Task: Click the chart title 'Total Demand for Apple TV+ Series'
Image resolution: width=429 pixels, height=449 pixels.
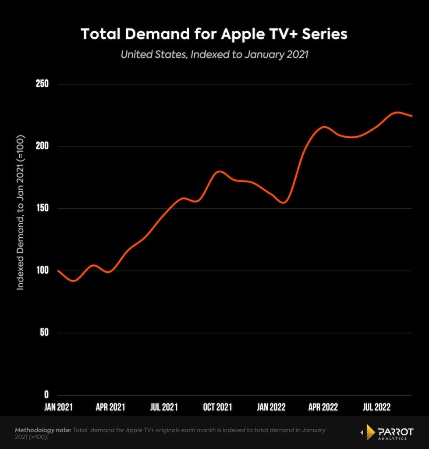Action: tap(214, 34)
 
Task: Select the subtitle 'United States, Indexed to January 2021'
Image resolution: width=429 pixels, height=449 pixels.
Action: tap(214, 55)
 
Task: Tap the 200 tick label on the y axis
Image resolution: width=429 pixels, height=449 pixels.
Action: tap(42, 146)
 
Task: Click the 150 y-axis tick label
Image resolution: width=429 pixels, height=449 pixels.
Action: tap(42, 208)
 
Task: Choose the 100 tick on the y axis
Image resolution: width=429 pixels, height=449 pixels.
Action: tap(42, 271)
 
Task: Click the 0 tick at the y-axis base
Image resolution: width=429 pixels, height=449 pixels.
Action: tap(46, 395)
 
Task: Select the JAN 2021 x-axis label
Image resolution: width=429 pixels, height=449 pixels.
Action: tap(58, 407)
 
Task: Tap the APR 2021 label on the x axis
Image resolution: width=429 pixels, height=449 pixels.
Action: tap(110, 407)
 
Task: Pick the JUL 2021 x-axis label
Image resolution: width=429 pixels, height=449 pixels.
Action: tap(163, 407)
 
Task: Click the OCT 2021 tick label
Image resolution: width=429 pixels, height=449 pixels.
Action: tap(217, 407)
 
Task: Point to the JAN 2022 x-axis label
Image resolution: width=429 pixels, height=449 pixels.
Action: tap(271, 407)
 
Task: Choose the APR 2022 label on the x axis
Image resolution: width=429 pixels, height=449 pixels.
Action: tap(323, 407)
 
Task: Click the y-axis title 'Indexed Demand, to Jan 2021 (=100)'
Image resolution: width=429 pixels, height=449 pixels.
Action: tap(20, 213)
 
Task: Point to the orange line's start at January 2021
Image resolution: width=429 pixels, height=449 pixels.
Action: tap(58, 271)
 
